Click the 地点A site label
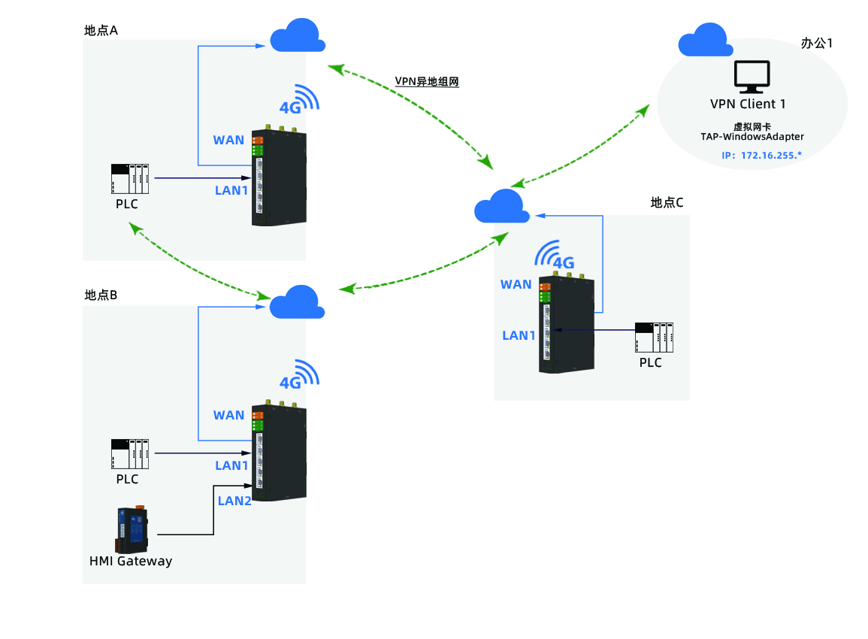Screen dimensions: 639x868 pyautogui.click(x=101, y=31)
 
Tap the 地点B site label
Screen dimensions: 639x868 pyautogui.click(x=101, y=295)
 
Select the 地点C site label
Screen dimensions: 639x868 pyautogui.click(x=667, y=202)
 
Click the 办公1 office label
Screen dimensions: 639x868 pyautogui.click(x=817, y=43)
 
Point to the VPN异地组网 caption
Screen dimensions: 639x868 pyautogui.click(x=426, y=81)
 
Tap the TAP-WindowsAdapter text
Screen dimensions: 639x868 pyautogui.click(x=752, y=137)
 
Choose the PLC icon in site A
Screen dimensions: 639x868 pyautogui.click(x=130, y=179)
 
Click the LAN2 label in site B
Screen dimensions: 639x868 pyautogui.click(x=234, y=501)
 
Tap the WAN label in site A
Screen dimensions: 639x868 pyautogui.click(x=228, y=140)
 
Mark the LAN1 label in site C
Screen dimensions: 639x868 pyautogui.click(x=519, y=335)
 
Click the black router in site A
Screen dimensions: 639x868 pyautogui.click(x=280, y=177)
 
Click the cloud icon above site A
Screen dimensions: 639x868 pyautogui.click(x=298, y=36)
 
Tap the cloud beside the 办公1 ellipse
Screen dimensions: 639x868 pyautogui.click(x=705, y=41)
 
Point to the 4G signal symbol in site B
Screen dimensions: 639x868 pyautogui.click(x=298, y=376)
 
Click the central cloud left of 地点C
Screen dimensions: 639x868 pyautogui.click(x=501, y=207)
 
